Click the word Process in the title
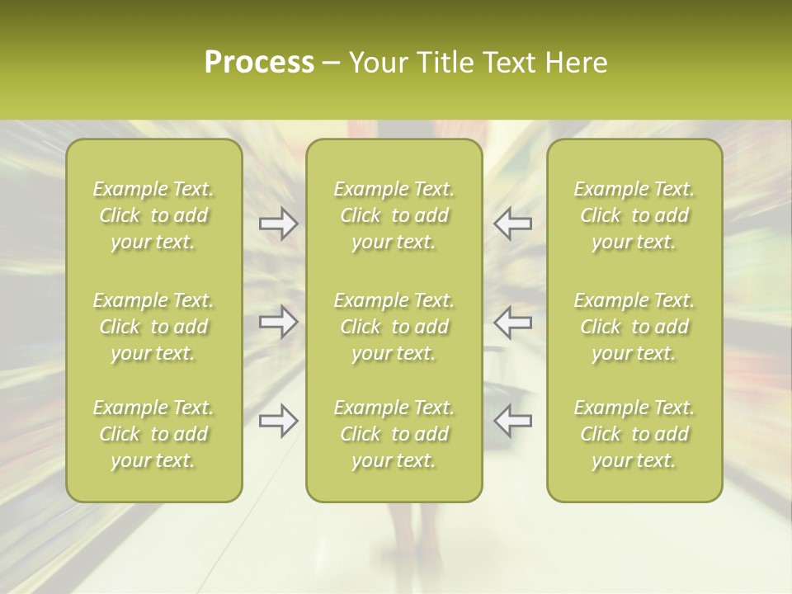click(259, 63)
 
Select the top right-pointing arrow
click(278, 224)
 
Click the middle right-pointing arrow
click(278, 322)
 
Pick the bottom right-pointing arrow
click(278, 421)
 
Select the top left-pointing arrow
click(513, 224)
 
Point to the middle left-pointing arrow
click(513, 322)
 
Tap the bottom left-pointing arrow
click(513, 421)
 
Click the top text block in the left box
click(153, 215)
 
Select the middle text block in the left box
click(153, 327)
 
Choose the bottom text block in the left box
click(153, 434)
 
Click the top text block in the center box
click(394, 215)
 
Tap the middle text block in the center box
click(394, 327)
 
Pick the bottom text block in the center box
click(394, 434)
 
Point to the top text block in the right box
click(634, 215)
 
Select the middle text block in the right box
click(634, 327)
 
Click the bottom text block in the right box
click(634, 434)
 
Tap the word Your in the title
click(376, 63)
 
